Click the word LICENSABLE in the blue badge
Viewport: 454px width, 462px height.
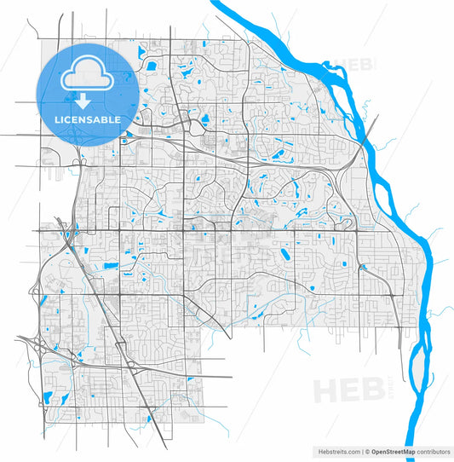[x=88, y=119]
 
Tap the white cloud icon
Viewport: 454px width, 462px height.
[x=88, y=75]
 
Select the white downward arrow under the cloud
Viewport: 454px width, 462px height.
[x=88, y=100]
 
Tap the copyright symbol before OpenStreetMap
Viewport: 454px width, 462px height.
[x=368, y=452]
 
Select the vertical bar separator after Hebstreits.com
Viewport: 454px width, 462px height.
[x=361, y=452]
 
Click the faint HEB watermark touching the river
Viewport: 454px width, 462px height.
[x=356, y=65]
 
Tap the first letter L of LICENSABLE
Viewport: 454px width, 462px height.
[x=58, y=119]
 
